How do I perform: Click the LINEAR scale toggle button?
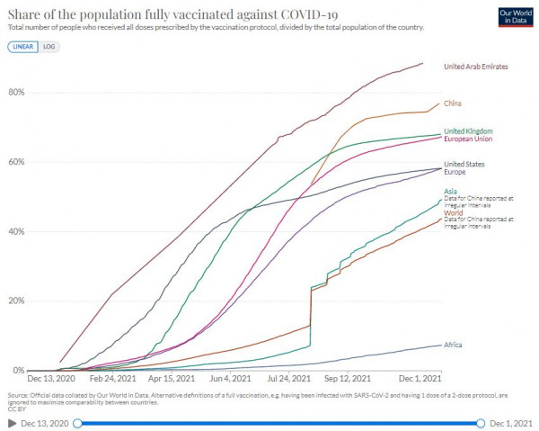pos(22,46)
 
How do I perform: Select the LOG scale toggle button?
pos(49,46)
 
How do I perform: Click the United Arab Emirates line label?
pos(476,67)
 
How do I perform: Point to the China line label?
pos(454,103)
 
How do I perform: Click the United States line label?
pos(464,164)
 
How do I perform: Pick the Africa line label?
pos(455,345)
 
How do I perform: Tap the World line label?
pos(454,213)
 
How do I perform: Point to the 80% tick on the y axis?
pos(17,93)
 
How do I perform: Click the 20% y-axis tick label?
pos(17,301)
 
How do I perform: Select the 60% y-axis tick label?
pos(17,162)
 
